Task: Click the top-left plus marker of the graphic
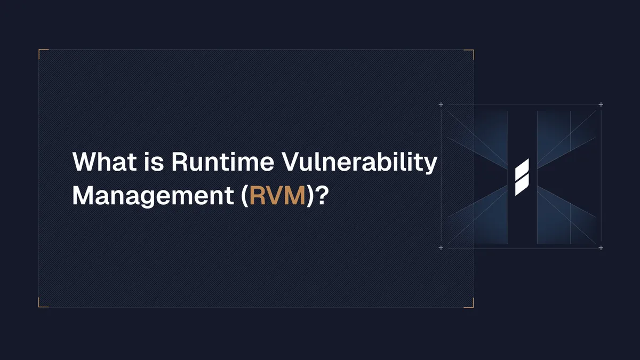441,105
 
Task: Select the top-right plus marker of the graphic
601,105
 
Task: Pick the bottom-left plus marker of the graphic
441,248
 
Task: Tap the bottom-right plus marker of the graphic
601,248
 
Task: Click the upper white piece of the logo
522,167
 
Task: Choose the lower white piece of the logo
521,185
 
